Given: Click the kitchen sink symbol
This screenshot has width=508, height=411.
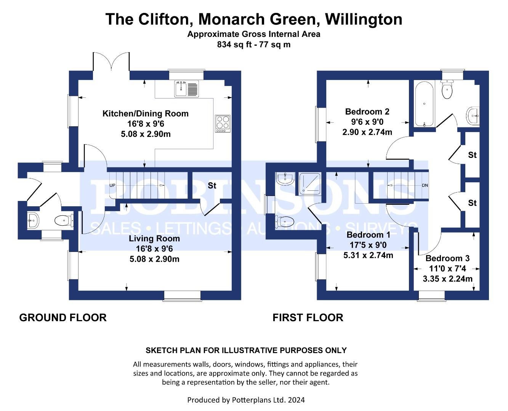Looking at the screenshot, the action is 186,89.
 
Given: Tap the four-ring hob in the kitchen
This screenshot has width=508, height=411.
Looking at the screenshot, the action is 223,124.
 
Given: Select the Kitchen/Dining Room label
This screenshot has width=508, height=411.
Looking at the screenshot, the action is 146,113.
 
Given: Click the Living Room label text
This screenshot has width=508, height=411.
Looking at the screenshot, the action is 154,238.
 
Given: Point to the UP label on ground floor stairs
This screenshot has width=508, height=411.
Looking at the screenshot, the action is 112,185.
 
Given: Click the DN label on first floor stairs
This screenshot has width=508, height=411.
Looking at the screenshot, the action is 425,185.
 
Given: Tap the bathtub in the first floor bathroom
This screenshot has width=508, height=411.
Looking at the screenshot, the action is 424,104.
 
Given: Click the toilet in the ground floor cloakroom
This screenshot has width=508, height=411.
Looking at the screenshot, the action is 64,221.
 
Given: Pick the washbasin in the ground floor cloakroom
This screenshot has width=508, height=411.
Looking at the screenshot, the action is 33,220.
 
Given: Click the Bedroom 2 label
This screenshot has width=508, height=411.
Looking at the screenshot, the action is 367,112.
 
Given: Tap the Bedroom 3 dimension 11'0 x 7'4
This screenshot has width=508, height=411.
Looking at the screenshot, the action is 447,268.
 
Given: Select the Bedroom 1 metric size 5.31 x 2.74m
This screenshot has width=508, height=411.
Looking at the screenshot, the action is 368,255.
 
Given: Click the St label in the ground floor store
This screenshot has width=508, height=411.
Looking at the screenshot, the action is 212,185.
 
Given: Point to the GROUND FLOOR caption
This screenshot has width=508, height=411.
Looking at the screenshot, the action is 63,318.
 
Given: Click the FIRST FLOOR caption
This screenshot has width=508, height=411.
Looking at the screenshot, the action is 308,318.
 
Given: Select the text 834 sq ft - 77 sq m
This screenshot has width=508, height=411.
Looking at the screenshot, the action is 254,45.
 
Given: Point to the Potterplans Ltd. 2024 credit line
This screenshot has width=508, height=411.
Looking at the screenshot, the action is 246,400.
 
